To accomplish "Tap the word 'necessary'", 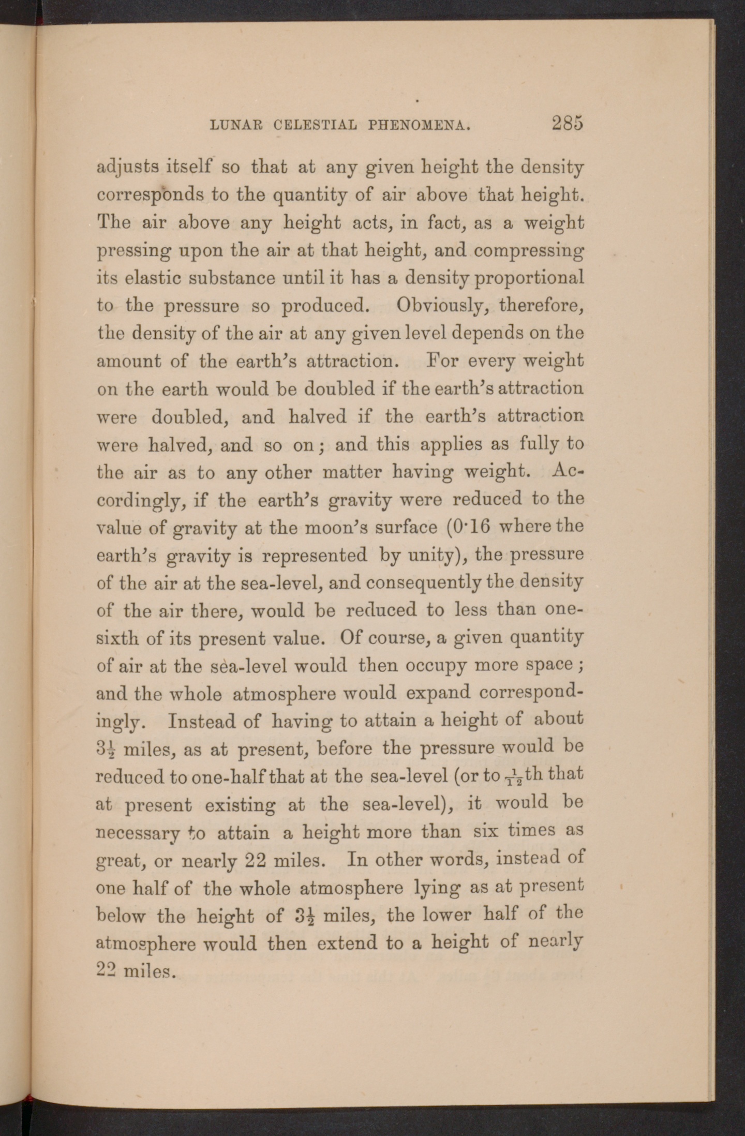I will pyautogui.click(x=139, y=833).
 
